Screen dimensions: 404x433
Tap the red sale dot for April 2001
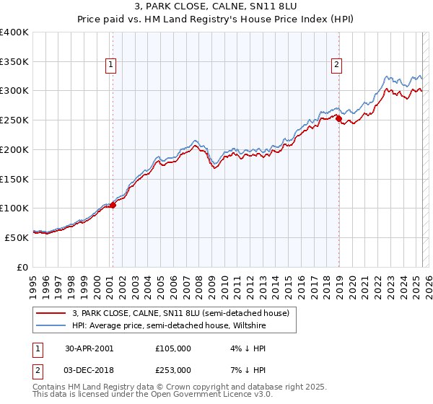pyautogui.click(x=113, y=205)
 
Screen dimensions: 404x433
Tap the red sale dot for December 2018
pyautogui.click(x=338, y=118)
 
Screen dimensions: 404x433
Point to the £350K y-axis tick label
pyautogui.click(x=14, y=61)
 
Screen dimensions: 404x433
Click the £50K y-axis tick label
pyautogui.click(x=17, y=237)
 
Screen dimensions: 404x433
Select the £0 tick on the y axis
pyautogui.click(x=23, y=266)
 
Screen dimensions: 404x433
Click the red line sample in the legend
pyautogui.click(x=51, y=313)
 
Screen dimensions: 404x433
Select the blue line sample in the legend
pyautogui.click(x=51, y=325)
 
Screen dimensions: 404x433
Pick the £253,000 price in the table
pyautogui.click(x=172, y=369)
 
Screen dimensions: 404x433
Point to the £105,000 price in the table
pyautogui.click(x=172, y=348)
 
